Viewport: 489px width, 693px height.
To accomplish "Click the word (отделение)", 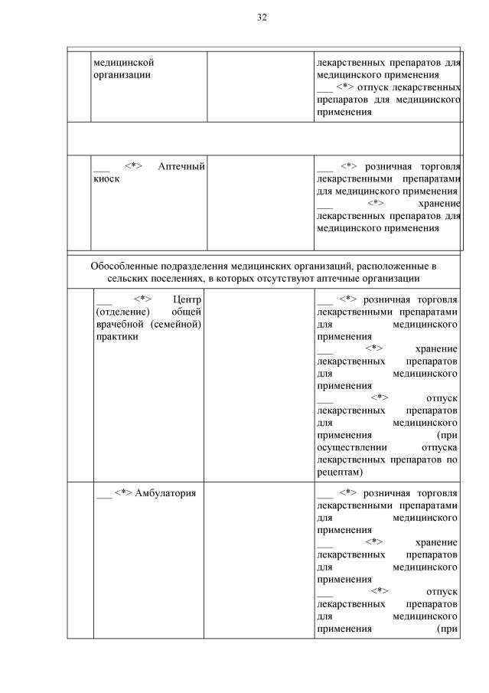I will (119, 311).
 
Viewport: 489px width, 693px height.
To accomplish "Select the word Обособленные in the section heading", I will (127, 266).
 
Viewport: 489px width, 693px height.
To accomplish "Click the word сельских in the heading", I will (131, 278).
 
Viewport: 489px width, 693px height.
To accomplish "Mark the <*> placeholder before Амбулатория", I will (123, 492).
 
